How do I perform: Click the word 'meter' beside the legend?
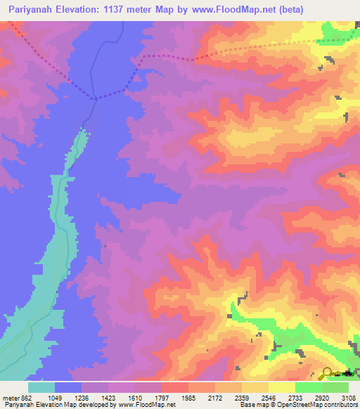(x=12, y=397)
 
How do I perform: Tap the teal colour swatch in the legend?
(x=41, y=387)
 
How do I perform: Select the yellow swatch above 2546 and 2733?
(x=281, y=387)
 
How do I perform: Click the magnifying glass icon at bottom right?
(x=327, y=372)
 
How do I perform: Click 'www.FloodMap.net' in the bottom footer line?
(x=150, y=405)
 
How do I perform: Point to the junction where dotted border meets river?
(x=94, y=98)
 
